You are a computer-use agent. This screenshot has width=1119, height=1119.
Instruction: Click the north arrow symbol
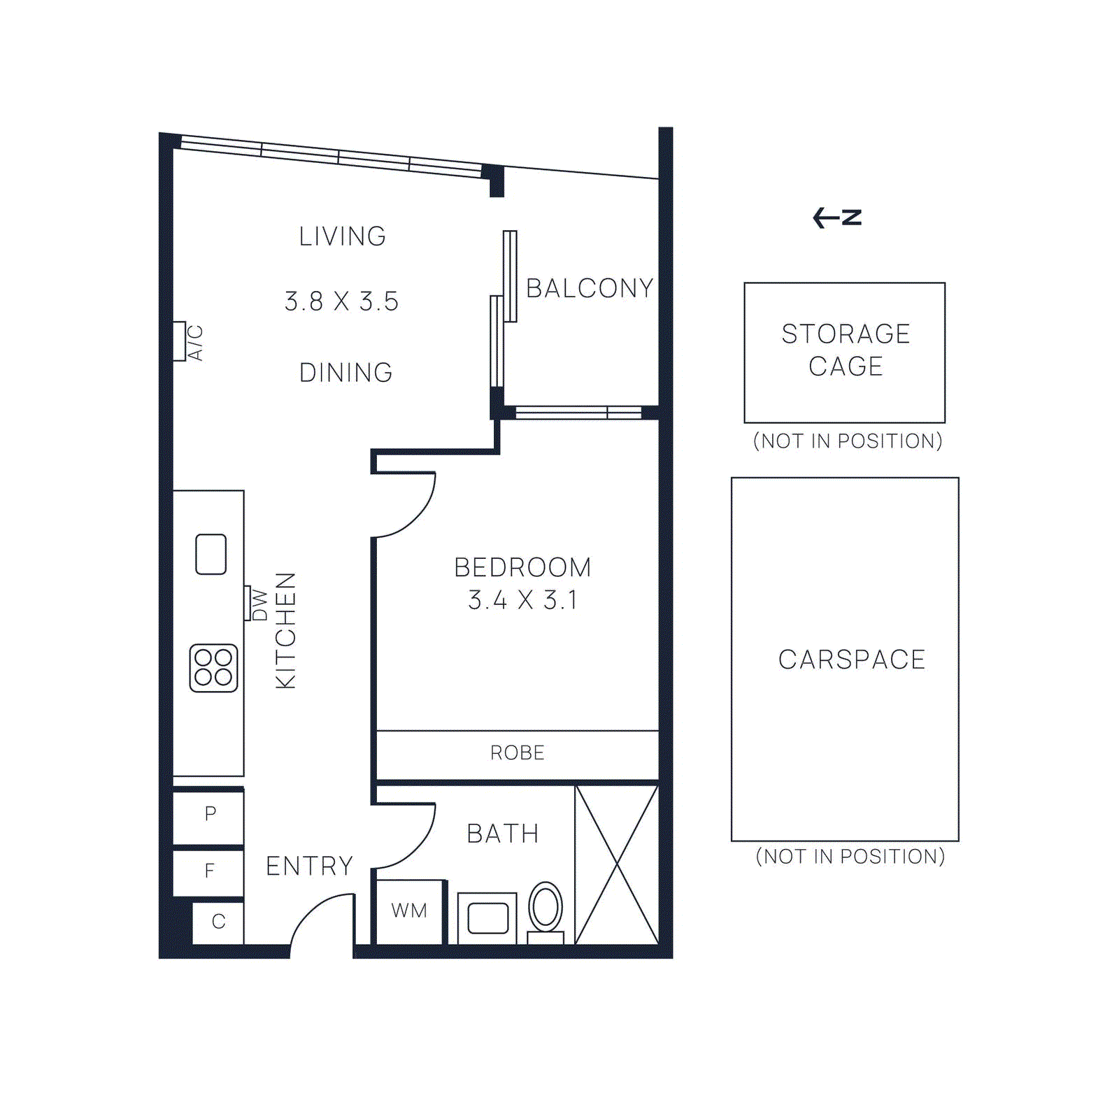coord(837,218)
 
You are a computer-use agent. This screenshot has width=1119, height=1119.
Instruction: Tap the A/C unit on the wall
coord(180,341)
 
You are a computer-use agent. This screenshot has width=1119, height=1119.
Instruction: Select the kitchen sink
coord(211,554)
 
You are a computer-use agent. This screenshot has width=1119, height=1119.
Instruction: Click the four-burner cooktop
coord(213,668)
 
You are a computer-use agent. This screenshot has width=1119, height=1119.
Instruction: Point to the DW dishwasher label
coord(259,604)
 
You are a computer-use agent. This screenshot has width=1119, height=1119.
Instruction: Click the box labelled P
coord(209,814)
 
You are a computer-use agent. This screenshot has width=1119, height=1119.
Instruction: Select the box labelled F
coord(209,871)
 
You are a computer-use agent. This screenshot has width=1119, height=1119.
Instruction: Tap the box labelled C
coord(218,922)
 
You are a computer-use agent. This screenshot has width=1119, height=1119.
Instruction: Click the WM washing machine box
coord(410,911)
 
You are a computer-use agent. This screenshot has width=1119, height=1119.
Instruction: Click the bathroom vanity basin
coord(487,918)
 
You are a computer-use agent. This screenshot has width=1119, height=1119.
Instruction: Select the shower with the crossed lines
coord(617,864)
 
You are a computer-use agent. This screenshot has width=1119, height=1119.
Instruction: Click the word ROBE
coord(518,753)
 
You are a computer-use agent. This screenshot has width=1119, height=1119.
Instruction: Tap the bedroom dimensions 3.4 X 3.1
coord(522,600)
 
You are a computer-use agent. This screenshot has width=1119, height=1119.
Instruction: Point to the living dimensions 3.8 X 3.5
coord(341,301)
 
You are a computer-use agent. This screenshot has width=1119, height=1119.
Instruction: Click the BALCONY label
coord(590,288)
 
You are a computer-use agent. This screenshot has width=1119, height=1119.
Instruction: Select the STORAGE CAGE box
coord(845,352)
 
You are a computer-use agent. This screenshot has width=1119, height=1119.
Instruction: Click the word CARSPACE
coord(852,660)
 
